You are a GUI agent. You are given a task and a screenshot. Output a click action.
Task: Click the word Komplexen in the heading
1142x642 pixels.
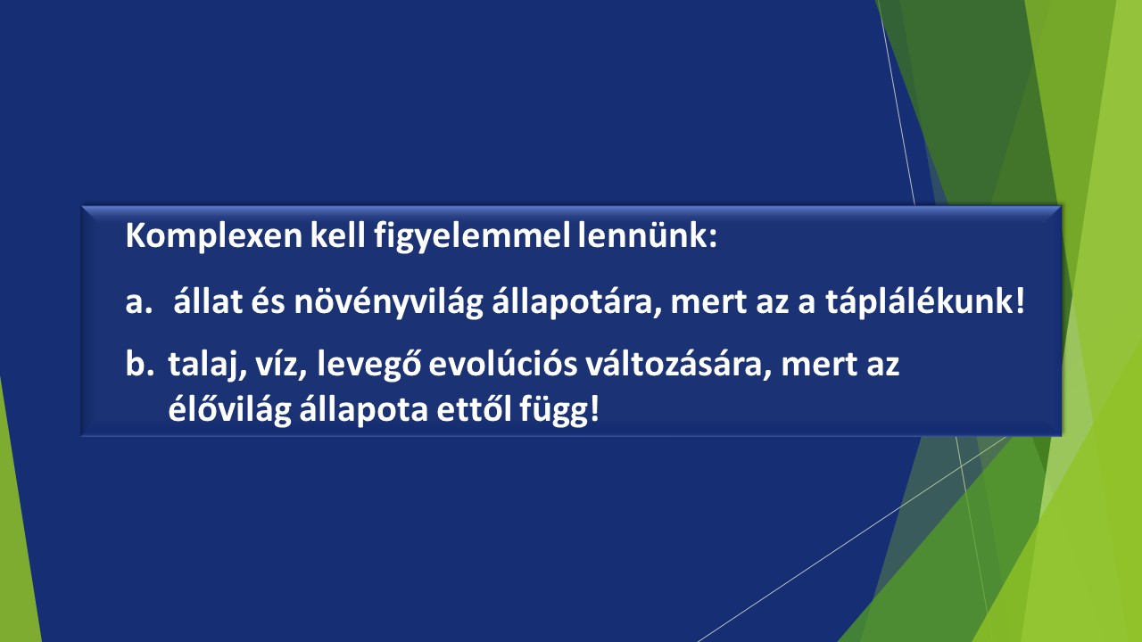point(214,236)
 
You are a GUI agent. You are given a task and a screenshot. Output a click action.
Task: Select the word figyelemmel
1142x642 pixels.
point(472,237)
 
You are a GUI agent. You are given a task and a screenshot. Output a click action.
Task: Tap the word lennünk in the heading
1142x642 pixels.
point(648,235)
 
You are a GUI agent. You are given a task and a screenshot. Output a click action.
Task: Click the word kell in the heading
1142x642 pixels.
point(338,235)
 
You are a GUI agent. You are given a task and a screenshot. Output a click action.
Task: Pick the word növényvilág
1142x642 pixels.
point(388,302)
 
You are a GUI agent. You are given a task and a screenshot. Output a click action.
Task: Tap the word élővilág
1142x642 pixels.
point(229,408)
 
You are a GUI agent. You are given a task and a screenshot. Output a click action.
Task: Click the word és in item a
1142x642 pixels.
point(268,301)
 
